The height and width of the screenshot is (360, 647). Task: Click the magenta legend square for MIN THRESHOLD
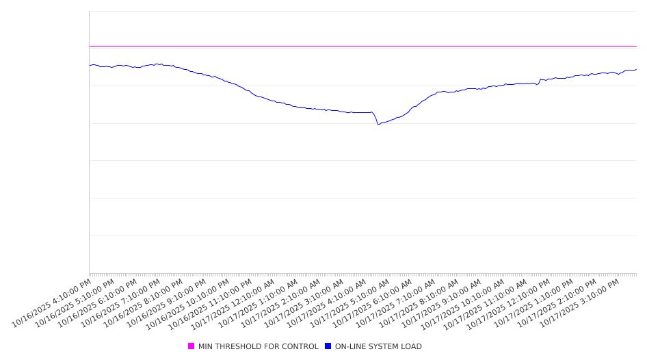pos(192,346)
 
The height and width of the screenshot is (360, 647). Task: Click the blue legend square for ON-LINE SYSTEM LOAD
pos(328,346)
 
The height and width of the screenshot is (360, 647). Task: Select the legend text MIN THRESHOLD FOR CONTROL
pos(258,346)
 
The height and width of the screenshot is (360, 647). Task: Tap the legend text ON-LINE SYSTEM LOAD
pos(378,346)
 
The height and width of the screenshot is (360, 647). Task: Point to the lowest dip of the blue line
pos(378,124)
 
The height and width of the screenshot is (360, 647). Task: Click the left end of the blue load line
pos(90,65)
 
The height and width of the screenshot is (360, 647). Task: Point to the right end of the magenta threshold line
pos(636,46)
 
